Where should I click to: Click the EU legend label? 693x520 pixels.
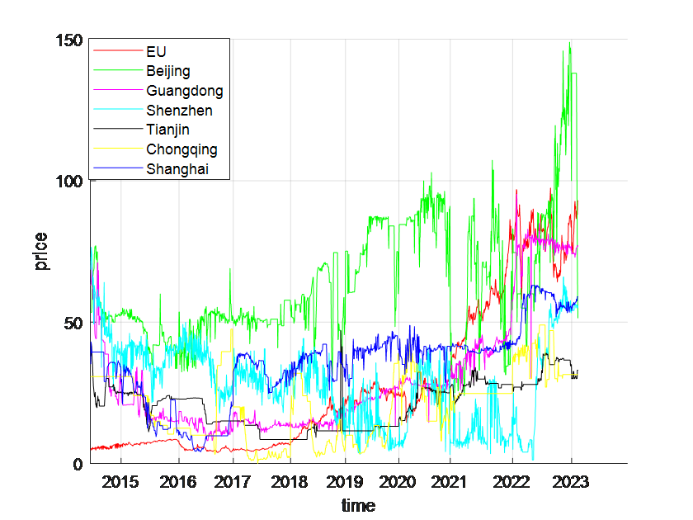156,51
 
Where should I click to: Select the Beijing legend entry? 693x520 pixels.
168,71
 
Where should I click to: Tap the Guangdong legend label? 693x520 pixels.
184,91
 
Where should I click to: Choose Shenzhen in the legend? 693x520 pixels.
179,111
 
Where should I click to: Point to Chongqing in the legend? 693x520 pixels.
181,149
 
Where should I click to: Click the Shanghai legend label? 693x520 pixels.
177,169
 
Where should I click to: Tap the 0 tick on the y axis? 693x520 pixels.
79,463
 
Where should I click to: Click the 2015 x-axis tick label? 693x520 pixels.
121,481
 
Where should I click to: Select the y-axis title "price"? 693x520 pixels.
41,252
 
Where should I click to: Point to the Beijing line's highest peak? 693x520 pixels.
569,43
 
